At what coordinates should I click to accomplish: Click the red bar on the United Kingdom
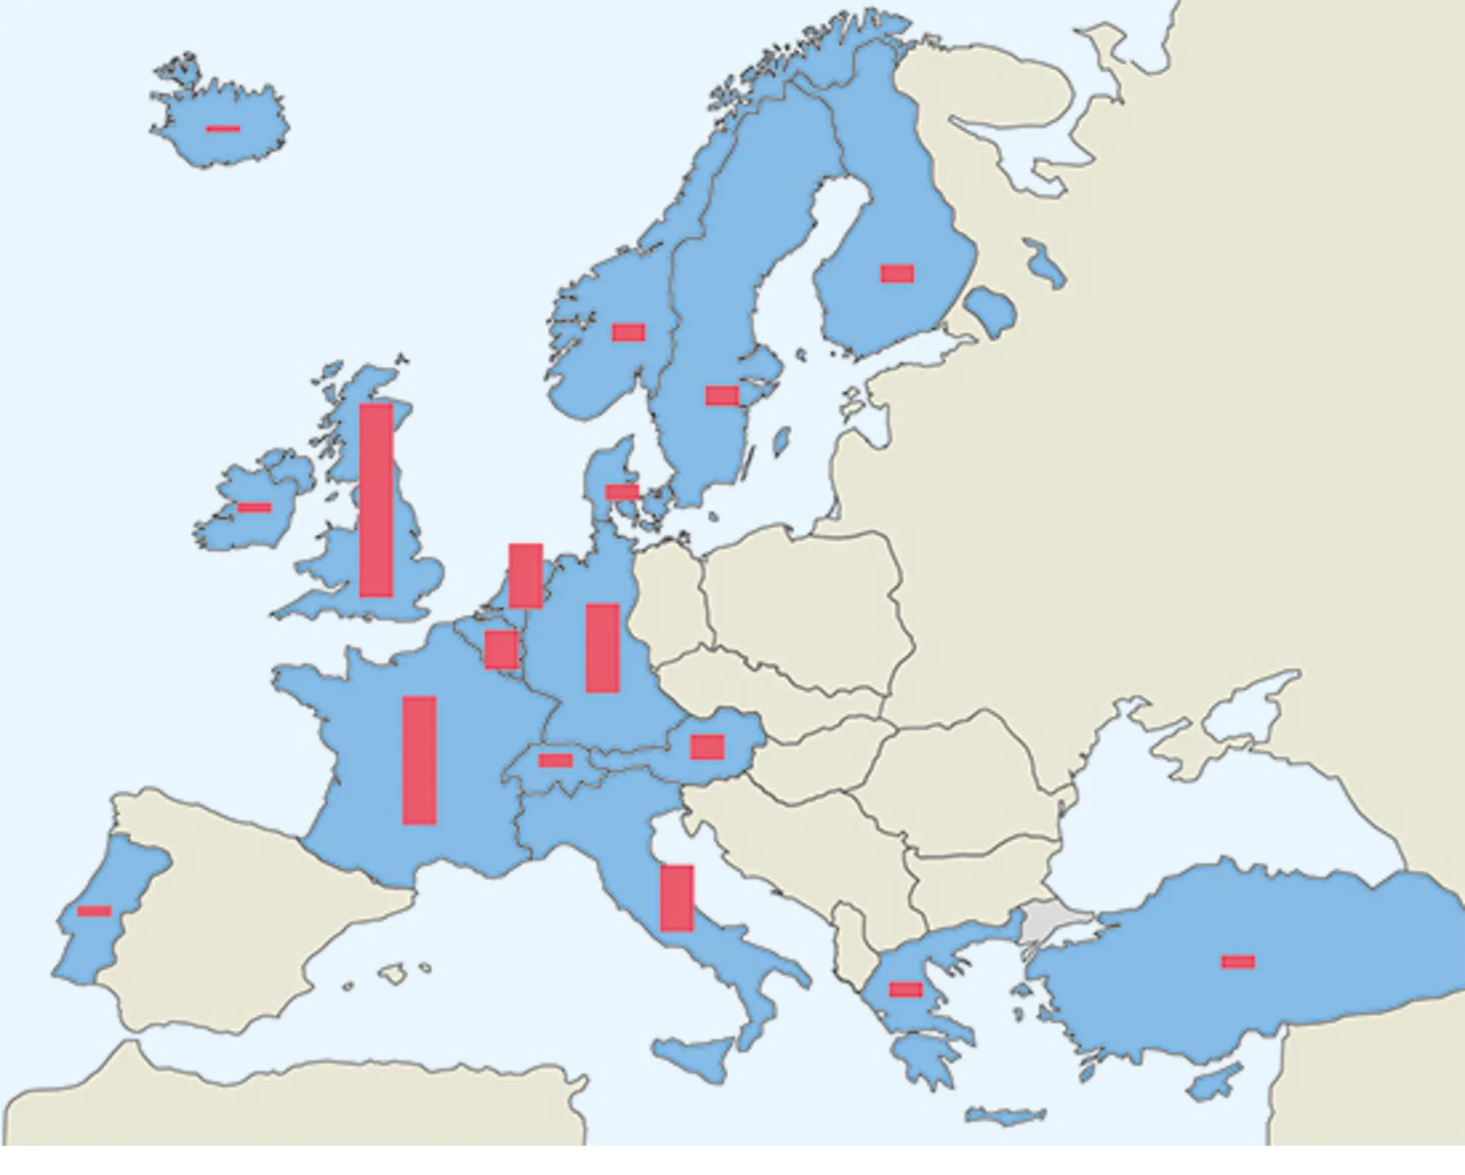[x=376, y=500]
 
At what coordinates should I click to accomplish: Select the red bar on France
[x=419, y=760]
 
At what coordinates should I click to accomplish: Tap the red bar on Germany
[x=602, y=648]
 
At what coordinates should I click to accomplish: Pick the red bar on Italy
[x=676, y=898]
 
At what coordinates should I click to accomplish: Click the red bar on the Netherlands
[x=525, y=576]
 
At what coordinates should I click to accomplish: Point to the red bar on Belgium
[x=501, y=649]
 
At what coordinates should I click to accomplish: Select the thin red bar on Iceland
[x=223, y=129]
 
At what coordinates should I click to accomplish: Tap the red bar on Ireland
[x=254, y=508]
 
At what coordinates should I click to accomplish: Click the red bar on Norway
[x=628, y=333]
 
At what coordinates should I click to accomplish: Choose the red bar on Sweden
[x=722, y=396]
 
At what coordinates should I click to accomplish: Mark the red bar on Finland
[x=897, y=273]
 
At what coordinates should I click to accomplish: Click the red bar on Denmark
[x=621, y=492]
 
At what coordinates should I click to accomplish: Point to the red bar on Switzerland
[x=555, y=760]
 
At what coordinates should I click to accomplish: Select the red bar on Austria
[x=707, y=746]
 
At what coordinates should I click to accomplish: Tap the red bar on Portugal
[x=94, y=911]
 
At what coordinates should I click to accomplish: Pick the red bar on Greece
[x=905, y=990]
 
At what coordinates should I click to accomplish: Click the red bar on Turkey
[x=1238, y=962]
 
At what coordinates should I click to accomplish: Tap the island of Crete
[x=1005, y=1116]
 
